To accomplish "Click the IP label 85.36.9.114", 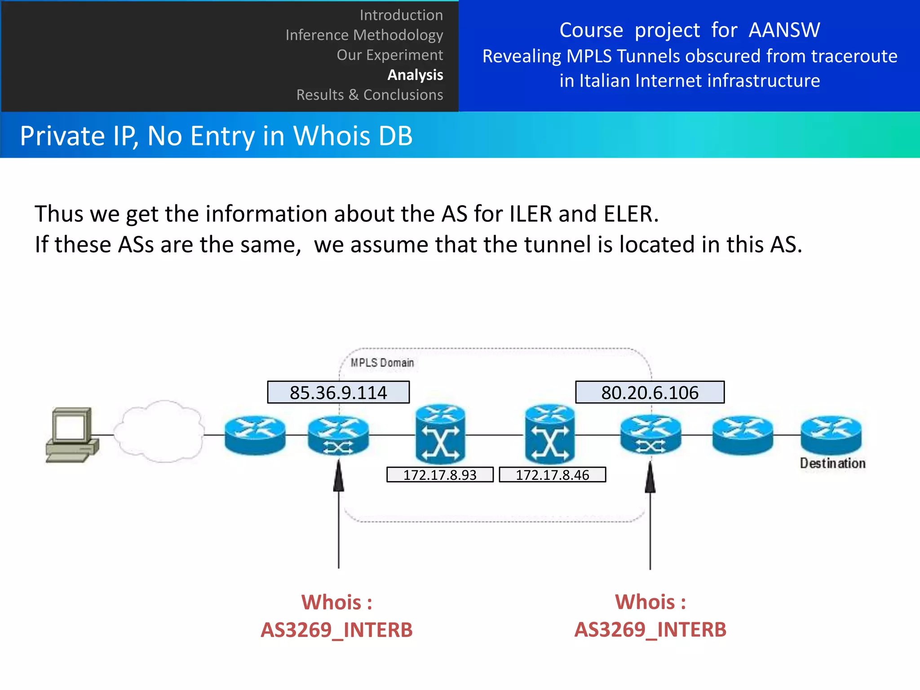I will [338, 393].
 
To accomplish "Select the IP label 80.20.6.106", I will [650, 393].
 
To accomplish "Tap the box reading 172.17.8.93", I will [440, 475].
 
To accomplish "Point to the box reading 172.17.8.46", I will [552, 475].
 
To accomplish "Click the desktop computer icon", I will [72, 435].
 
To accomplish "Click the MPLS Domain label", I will [382, 363].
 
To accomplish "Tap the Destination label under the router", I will [832, 463].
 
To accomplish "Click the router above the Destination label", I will [831, 434].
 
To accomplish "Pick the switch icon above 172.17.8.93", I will [440, 434].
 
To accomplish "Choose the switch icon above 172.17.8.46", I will [550, 434].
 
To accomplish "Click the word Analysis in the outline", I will [415, 75].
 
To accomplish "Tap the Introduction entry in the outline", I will [401, 15].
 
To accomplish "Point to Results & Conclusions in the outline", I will [370, 95].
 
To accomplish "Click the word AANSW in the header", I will [784, 30].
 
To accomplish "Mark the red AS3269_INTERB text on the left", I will [336, 630].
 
